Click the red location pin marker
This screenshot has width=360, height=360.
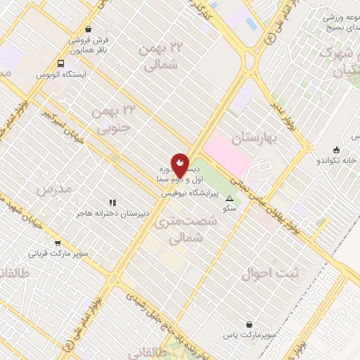point(180,166)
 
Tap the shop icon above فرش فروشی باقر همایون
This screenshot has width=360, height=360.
point(88,30)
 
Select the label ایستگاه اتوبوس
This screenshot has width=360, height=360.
point(62,74)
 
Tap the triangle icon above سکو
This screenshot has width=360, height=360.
point(229,199)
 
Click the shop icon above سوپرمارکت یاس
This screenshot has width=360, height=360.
point(250,325)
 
